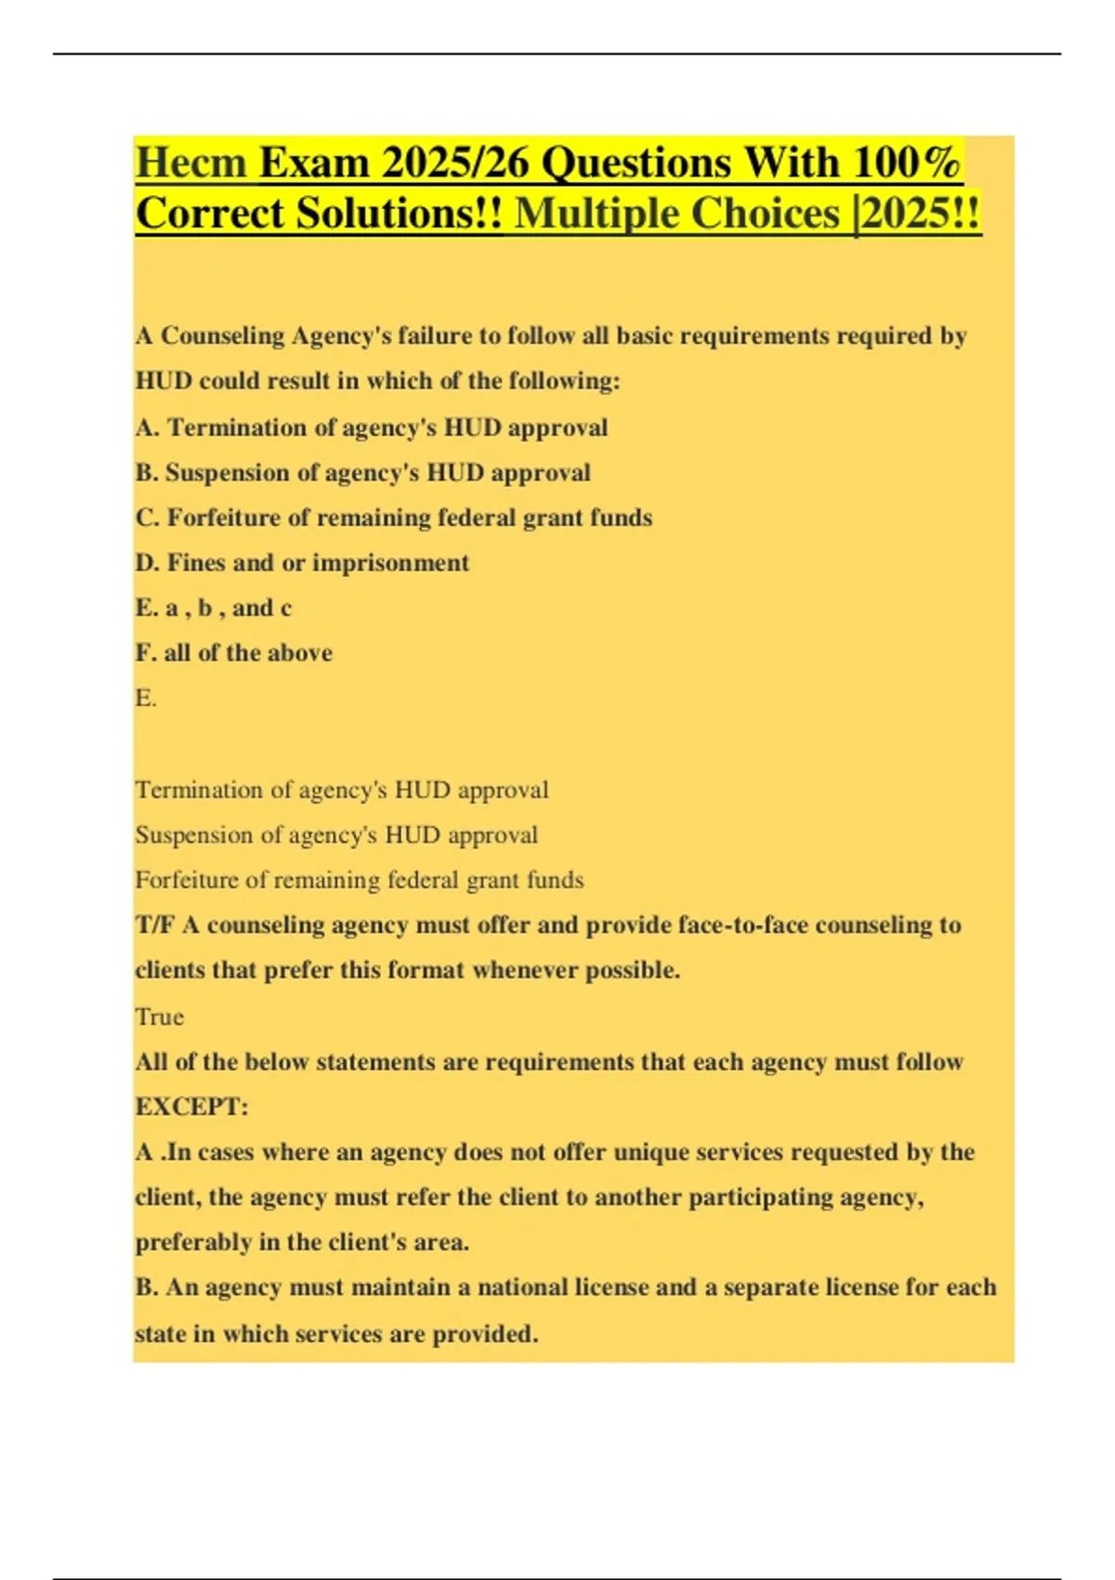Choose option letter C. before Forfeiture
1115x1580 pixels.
point(148,518)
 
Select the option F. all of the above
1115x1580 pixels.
point(233,653)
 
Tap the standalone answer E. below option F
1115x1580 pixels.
point(146,698)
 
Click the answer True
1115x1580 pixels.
point(159,1017)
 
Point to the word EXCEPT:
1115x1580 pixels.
point(191,1107)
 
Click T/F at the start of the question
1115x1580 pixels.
point(154,926)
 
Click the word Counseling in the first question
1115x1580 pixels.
point(222,336)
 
